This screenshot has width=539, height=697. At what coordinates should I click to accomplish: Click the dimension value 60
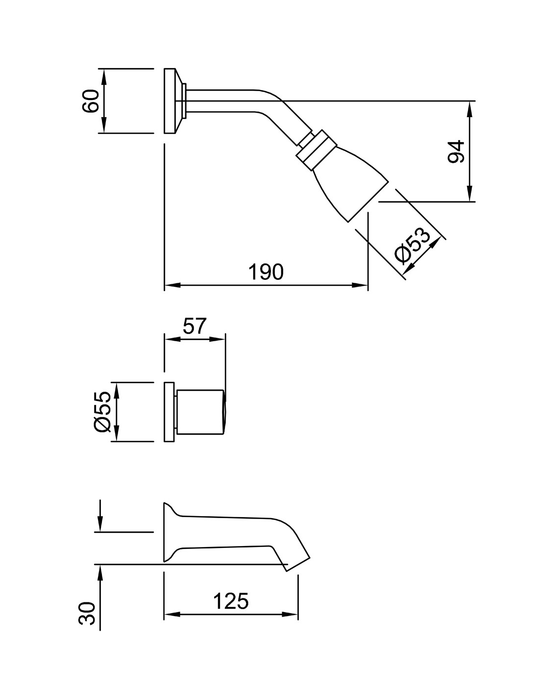click(x=91, y=101)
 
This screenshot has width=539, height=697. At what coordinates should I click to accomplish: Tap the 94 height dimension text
click(x=456, y=151)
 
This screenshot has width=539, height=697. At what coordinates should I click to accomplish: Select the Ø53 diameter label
click(x=413, y=245)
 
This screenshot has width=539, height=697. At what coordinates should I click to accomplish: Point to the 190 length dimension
click(x=266, y=272)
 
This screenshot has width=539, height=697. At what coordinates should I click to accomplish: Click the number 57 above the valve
click(x=194, y=326)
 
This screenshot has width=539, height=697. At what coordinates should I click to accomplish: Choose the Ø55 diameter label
click(x=102, y=412)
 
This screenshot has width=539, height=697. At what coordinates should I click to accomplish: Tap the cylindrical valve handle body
click(x=200, y=412)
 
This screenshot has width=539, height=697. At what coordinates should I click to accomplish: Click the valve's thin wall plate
click(x=169, y=412)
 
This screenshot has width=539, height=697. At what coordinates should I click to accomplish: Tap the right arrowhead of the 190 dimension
click(x=360, y=285)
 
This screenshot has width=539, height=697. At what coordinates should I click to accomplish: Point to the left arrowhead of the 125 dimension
click(x=172, y=614)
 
